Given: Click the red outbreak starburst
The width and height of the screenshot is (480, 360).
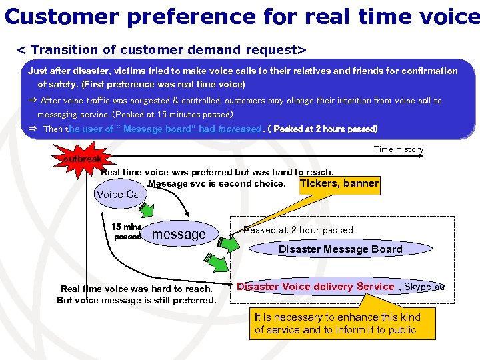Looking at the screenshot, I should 81,159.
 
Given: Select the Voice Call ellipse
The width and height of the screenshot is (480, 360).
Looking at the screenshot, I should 120,195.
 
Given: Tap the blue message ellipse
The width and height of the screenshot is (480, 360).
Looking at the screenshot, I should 179,234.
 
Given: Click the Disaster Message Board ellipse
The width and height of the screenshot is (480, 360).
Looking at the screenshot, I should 340,249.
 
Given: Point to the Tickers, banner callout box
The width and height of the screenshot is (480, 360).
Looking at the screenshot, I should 339,184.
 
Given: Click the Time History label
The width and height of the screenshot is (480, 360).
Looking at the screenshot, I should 398,149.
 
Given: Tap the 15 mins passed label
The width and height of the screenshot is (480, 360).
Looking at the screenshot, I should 126,231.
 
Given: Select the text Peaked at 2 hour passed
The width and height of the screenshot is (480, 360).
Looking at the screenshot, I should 298,230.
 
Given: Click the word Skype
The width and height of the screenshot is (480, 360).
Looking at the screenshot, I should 418,287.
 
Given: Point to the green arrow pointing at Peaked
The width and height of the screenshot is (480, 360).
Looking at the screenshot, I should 229,241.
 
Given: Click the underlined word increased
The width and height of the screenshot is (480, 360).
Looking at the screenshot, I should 239,129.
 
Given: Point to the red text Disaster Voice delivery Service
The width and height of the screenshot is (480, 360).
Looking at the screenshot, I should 316,287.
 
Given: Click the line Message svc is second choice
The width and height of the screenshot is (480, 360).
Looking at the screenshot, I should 216,183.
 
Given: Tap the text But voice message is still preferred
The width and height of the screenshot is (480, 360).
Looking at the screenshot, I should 137,300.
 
